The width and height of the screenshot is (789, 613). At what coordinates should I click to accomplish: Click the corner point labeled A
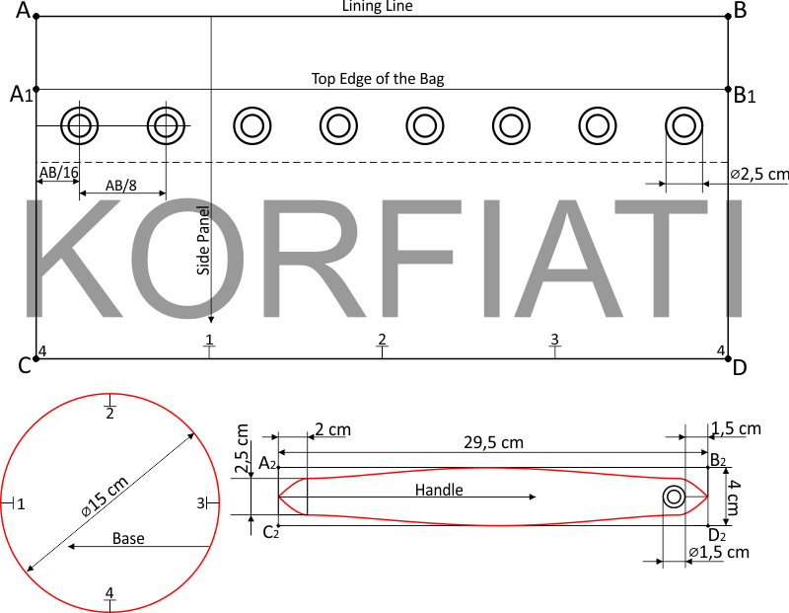tap(36, 17)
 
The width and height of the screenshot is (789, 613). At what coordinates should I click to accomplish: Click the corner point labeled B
tap(728, 17)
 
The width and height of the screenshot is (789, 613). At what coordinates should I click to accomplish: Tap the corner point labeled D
tap(728, 359)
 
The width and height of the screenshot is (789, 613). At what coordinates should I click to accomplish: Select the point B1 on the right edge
tap(728, 89)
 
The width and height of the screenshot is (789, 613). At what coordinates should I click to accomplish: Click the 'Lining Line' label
tap(378, 6)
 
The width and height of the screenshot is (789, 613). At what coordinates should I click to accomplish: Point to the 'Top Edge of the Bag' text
tap(378, 79)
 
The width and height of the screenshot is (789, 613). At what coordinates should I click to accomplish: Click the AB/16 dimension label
tap(59, 173)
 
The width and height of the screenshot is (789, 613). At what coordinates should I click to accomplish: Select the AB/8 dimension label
tap(120, 186)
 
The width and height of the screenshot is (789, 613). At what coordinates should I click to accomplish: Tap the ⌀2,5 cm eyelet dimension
tap(759, 175)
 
